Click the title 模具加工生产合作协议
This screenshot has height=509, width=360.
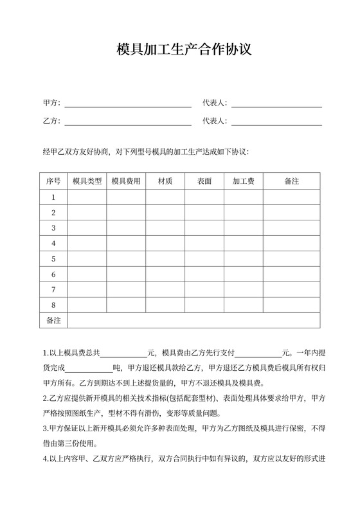[x=180, y=50]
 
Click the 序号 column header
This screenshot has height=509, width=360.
[x=53, y=181]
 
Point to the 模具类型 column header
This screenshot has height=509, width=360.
[x=87, y=181]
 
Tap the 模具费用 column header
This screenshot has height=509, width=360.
[x=126, y=181]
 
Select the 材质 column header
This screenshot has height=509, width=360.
[x=165, y=181]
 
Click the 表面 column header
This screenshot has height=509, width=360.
[x=204, y=181]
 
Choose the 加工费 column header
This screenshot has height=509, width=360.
[x=243, y=181]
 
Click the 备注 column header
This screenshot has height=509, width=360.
[x=291, y=181]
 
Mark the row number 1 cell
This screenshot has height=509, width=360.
[x=53, y=197]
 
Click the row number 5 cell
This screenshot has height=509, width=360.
[x=53, y=259]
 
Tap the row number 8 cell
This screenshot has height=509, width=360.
[x=53, y=305]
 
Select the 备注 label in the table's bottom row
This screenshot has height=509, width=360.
[x=53, y=320]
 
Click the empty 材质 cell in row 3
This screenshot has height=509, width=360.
[x=165, y=228]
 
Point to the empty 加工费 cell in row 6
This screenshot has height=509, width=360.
[x=243, y=274]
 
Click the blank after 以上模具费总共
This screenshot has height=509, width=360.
[x=124, y=353]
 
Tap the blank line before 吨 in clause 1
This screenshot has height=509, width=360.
[x=89, y=368]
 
